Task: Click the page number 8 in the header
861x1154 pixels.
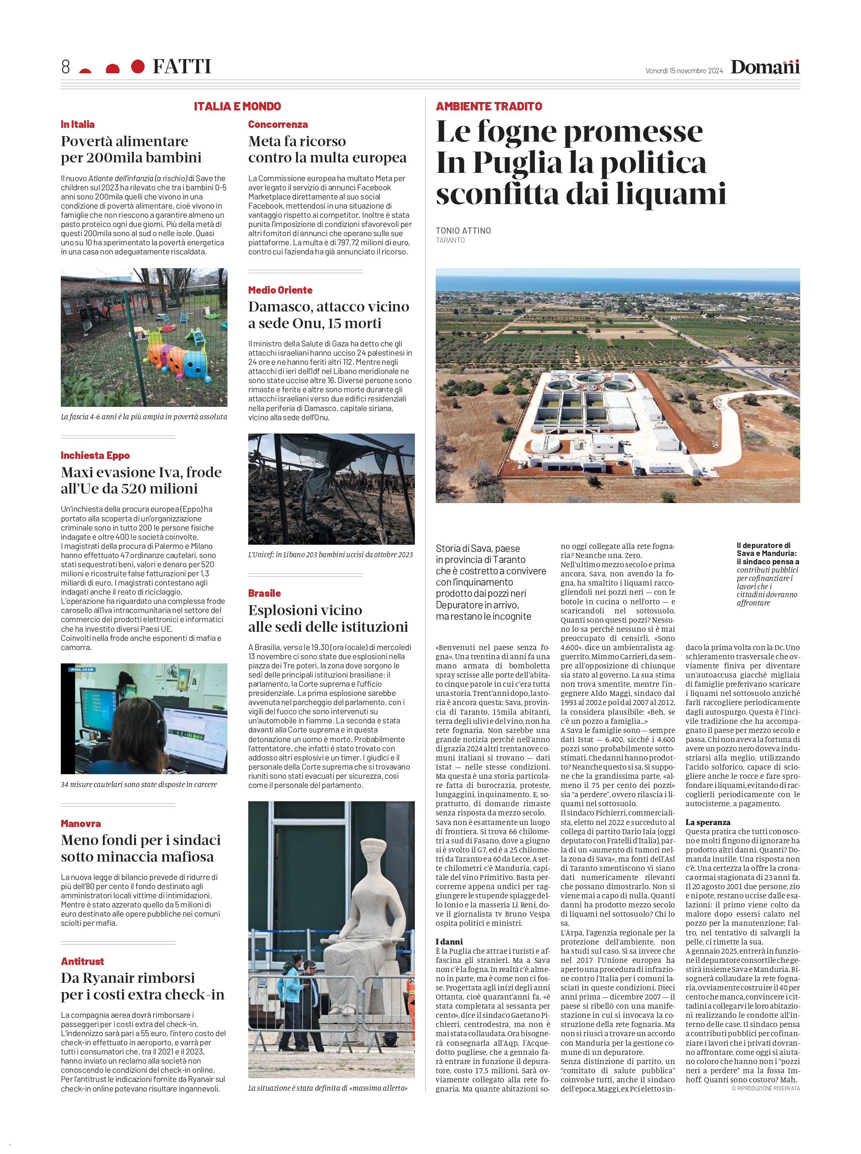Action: tap(66, 67)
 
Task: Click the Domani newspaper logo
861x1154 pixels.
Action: tap(765, 67)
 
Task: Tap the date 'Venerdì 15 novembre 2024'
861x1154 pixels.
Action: tap(684, 71)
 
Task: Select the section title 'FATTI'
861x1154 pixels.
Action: tap(182, 67)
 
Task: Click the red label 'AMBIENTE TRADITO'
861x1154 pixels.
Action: tap(489, 106)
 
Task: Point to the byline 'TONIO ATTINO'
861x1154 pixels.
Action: tap(463, 230)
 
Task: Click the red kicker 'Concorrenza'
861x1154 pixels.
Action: tap(278, 125)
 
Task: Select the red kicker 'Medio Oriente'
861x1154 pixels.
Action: tap(280, 290)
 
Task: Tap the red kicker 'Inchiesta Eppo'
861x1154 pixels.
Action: tap(95, 455)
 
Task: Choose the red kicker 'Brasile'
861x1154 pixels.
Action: tap(264, 593)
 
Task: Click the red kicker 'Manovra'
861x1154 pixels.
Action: tap(81, 824)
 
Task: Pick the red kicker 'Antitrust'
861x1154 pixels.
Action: tap(82, 961)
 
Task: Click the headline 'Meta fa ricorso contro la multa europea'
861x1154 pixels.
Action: tap(327, 150)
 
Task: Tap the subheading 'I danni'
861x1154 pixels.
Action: tap(449, 942)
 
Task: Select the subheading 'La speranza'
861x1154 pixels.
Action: tap(707, 822)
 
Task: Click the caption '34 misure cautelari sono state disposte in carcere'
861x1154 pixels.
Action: tap(139, 785)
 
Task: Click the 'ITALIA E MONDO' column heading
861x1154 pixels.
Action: tap(237, 106)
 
